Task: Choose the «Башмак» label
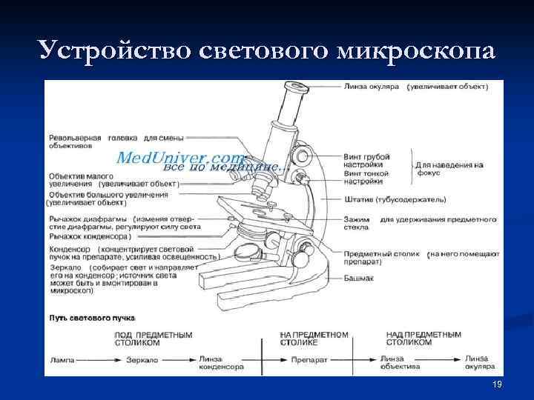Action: pos(358,278)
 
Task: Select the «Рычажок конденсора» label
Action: pos(88,236)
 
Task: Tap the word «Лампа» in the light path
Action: pos(63,359)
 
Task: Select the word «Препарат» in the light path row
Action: pos(306,360)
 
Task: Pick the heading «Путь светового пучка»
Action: pos(92,318)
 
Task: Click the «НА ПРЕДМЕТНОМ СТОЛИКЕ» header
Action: pos(314,339)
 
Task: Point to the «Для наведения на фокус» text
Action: pos(448,169)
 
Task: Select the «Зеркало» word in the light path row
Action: pos(141,360)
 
